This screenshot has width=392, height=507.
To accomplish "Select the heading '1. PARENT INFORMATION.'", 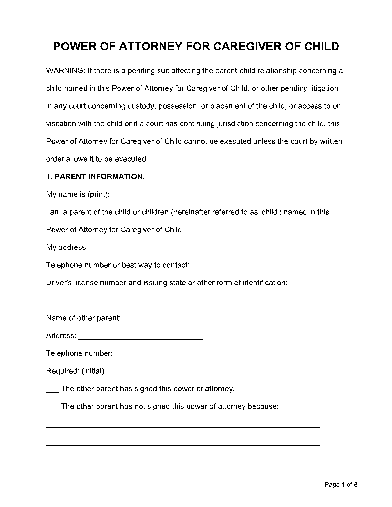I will coord(95,176).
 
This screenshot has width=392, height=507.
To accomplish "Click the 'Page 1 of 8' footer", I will coord(341,484).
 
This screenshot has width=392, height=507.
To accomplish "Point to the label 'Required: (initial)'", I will coord(75,371).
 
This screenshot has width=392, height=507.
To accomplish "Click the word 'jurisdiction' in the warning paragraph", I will coord(235,124).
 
